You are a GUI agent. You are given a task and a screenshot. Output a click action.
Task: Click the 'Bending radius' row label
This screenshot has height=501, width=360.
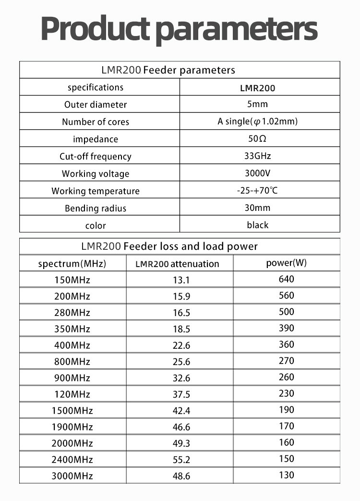96,208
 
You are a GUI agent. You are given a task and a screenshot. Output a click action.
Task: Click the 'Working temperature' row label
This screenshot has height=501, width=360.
96,191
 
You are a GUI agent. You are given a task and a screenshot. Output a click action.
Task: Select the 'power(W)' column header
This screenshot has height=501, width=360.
286,263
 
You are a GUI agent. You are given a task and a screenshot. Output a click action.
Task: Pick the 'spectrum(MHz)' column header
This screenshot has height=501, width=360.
72,264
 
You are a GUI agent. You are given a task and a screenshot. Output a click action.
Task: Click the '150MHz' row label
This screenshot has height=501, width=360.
72,280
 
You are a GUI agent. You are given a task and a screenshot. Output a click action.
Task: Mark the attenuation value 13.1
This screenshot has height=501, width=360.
181,280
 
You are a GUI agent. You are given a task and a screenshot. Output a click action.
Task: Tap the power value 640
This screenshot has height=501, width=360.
286,279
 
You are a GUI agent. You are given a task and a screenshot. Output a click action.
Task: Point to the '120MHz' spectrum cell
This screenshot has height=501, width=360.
72,394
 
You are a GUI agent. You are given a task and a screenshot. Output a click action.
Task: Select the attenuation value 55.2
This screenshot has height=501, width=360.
181,460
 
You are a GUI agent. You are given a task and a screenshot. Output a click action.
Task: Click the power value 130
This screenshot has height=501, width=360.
286,475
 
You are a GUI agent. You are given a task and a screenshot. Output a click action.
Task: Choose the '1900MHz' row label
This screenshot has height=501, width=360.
72,427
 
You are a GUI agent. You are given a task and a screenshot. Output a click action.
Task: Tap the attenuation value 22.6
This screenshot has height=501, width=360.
181,345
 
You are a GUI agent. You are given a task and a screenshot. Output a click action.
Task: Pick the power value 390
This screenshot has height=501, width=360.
286,328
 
